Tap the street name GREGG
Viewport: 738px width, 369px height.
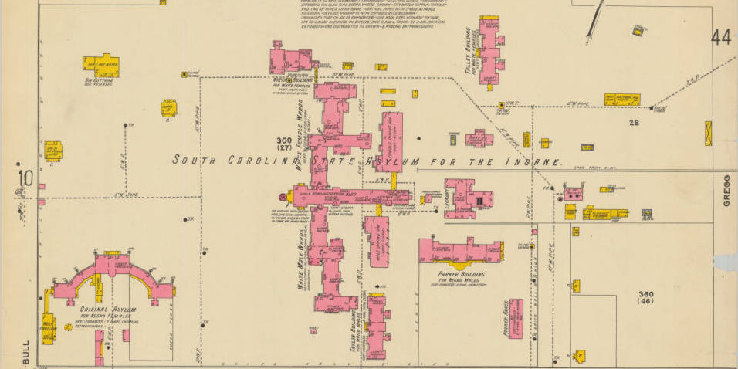726,190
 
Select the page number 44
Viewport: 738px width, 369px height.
722,37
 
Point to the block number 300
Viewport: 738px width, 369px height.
284,140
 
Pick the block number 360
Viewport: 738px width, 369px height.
646,294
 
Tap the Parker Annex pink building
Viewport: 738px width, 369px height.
516,319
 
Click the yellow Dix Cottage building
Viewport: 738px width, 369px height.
100,66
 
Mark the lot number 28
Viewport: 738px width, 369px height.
635,123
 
